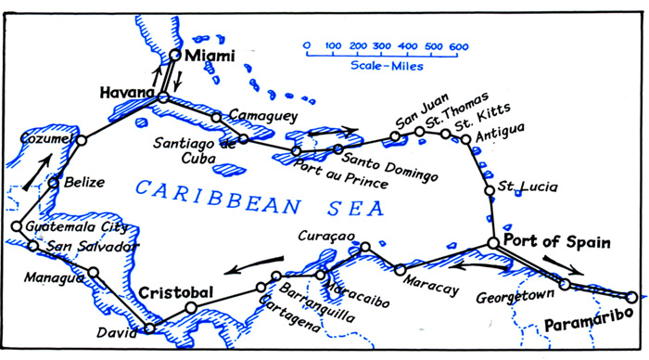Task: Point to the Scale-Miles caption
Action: click(x=382, y=67)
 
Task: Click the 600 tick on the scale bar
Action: click(x=457, y=45)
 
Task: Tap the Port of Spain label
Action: click(x=558, y=243)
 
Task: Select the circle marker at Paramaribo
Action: click(x=631, y=297)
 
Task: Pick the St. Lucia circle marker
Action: click(x=490, y=191)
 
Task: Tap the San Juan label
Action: click(x=414, y=122)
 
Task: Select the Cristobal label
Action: click(x=176, y=292)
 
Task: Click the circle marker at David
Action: click(x=150, y=328)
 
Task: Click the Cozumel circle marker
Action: click(x=81, y=140)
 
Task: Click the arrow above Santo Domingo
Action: click(x=335, y=132)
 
